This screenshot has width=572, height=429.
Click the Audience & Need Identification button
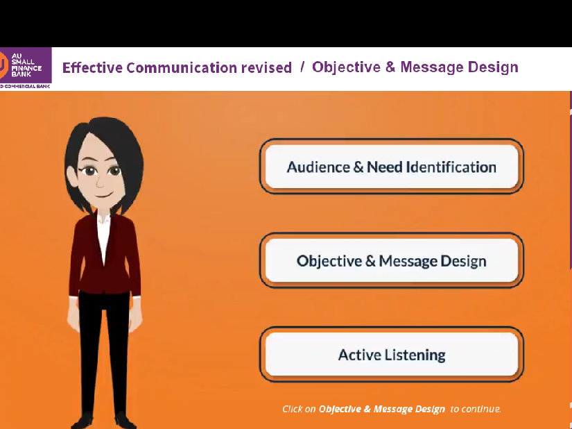[x=391, y=167]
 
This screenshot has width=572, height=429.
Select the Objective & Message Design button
[x=391, y=261]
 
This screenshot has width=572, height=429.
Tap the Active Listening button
[x=391, y=355]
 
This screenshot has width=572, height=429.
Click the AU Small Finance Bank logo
[x=26, y=68]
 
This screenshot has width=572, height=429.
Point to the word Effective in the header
[x=92, y=68]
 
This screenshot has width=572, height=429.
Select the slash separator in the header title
[x=302, y=67]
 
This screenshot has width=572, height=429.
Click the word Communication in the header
[x=182, y=68]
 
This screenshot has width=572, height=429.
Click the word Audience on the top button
[x=318, y=167]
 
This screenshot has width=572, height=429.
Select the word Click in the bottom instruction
[x=291, y=409]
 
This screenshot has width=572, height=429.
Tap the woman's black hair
[x=104, y=132]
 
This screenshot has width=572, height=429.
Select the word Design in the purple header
[x=494, y=67]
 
